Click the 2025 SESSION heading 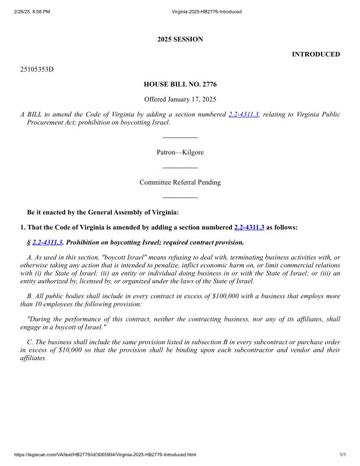click(180, 40)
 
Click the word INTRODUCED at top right click(316, 54)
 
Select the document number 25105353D click(37, 69)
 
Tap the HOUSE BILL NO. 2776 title click(180, 84)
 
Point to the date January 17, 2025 click(192, 100)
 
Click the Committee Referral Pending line click(180, 182)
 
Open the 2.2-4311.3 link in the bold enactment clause click(249, 227)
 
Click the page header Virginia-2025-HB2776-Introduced click(207, 12)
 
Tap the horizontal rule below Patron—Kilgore click(180, 168)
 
